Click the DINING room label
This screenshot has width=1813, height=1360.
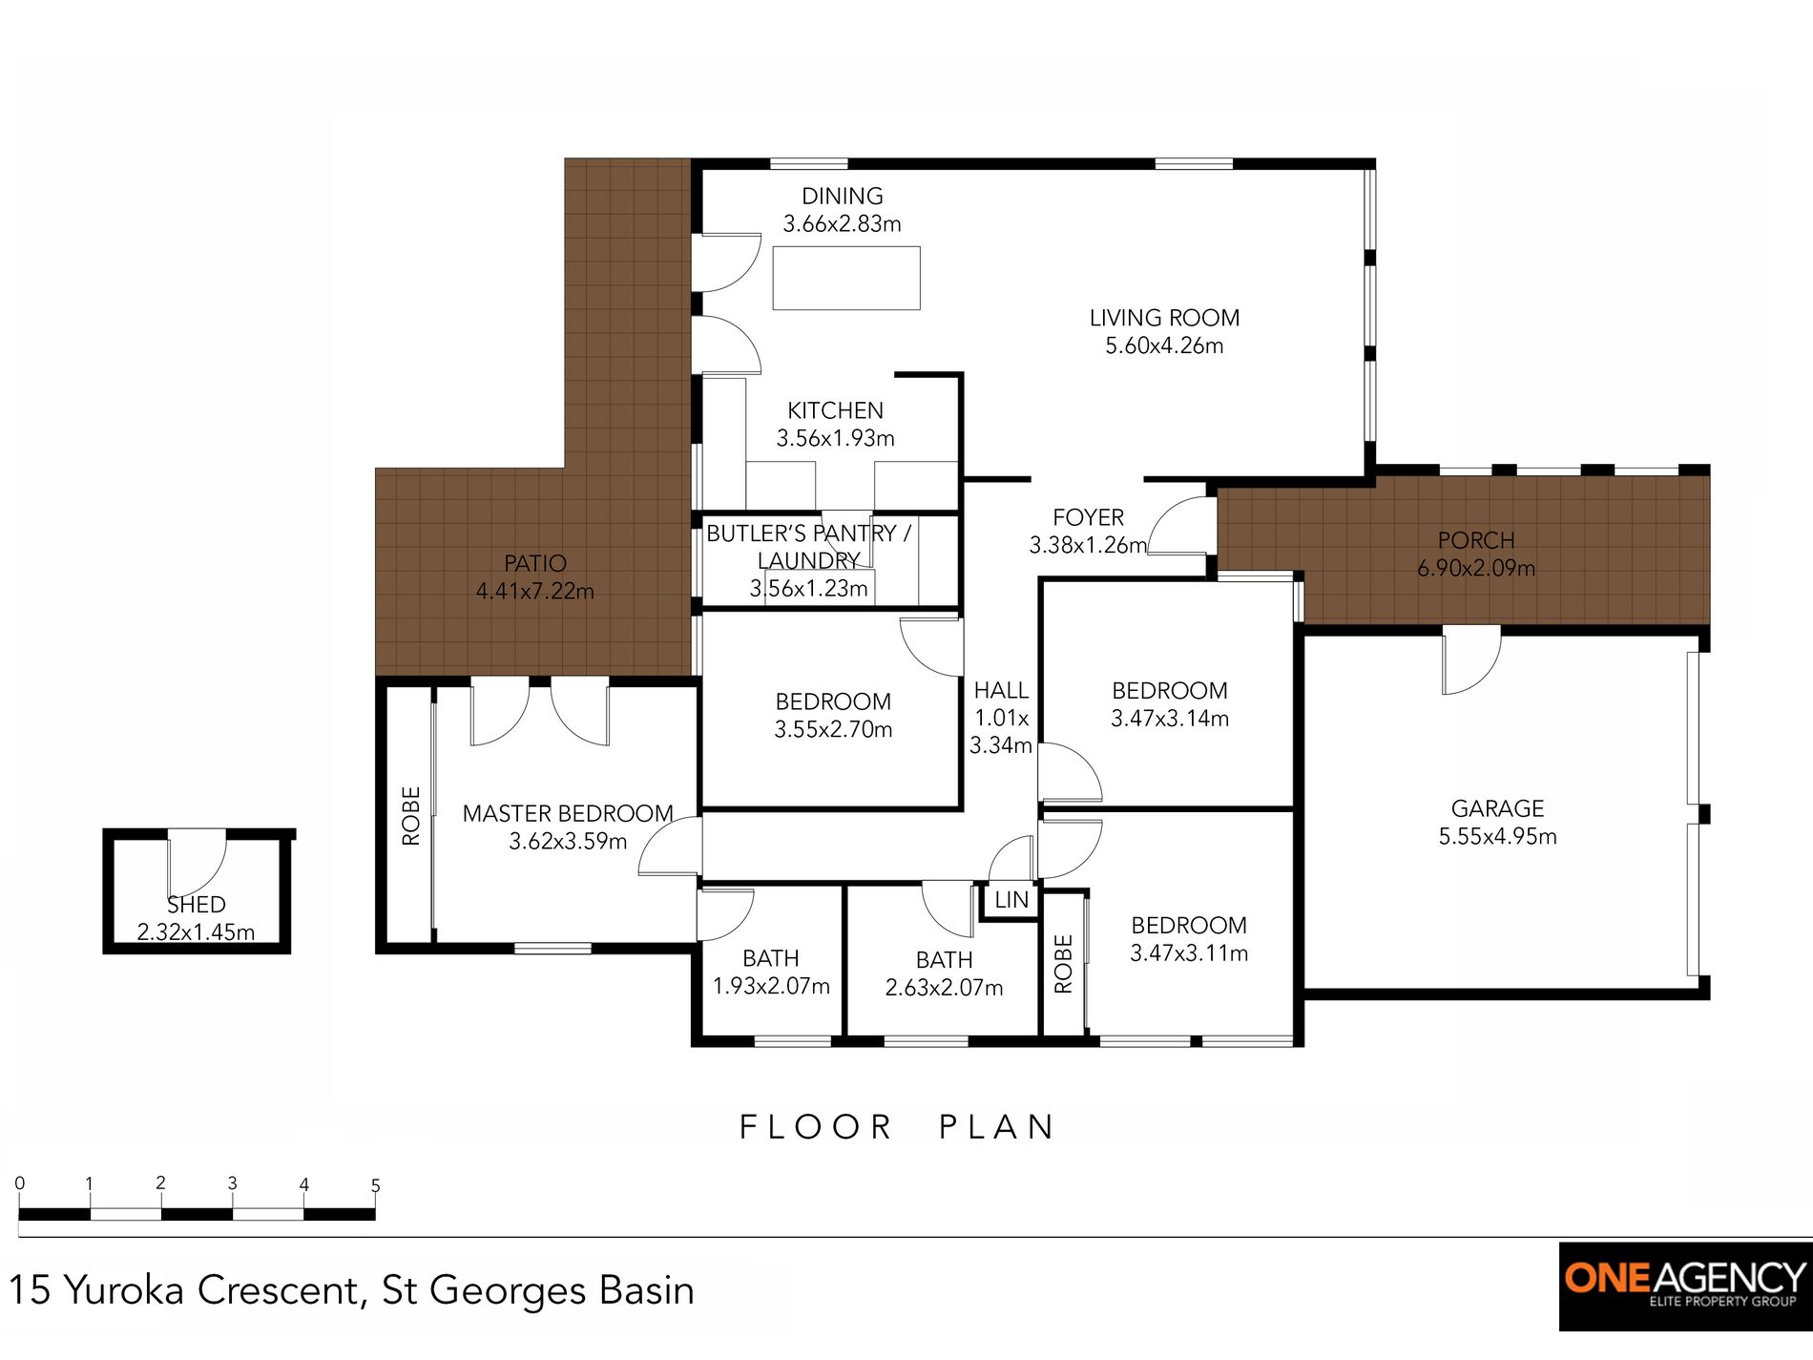pyautogui.click(x=842, y=196)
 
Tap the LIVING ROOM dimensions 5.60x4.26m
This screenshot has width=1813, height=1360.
pyautogui.click(x=1164, y=345)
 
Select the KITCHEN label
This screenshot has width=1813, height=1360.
pyautogui.click(x=835, y=410)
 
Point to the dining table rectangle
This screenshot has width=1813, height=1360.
pyautogui.click(x=846, y=278)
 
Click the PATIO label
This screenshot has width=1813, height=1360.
pyautogui.click(x=535, y=563)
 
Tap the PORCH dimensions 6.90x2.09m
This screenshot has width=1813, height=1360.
pyautogui.click(x=1476, y=569)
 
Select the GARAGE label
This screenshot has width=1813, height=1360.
pyautogui.click(x=1497, y=808)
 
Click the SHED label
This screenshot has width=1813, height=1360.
pyautogui.click(x=197, y=904)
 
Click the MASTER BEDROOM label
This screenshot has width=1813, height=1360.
pyautogui.click(x=568, y=813)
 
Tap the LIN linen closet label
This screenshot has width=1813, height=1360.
pyautogui.click(x=1011, y=899)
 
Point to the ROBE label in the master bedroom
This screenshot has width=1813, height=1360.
pyautogui.click(x=411, y=815)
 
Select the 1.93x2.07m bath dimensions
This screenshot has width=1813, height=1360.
pyautogui.click(x=771, y=986)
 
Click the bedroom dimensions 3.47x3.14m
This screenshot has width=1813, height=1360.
pyautogui.click(x=1170, y=719)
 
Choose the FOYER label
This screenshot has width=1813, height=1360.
pyautogui.click(x=1088, y=517)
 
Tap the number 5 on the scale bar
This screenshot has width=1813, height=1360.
pyautogui.click(x=376, y=1185)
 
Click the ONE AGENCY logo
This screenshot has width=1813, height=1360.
pyautogui.click(x=1685, y=1286)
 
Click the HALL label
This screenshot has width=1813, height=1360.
pyautogui.click(x=1001, y=690)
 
